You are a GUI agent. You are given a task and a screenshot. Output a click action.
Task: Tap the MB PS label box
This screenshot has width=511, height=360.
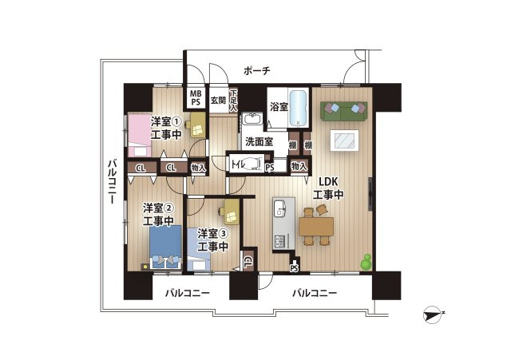[x=196, y=97]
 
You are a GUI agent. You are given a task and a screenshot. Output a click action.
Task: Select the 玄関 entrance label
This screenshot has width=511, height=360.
[x=218, y=101]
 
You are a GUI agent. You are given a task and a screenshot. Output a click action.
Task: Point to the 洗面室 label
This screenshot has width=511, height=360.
[x=259, y=143]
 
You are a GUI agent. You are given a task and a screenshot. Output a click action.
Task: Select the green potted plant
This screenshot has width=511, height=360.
[x=367, y=261]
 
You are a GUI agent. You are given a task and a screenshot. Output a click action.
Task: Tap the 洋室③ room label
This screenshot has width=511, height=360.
[x=213, y=233]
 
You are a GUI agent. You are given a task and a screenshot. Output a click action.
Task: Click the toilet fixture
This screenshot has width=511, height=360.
[x=254, y=165]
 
